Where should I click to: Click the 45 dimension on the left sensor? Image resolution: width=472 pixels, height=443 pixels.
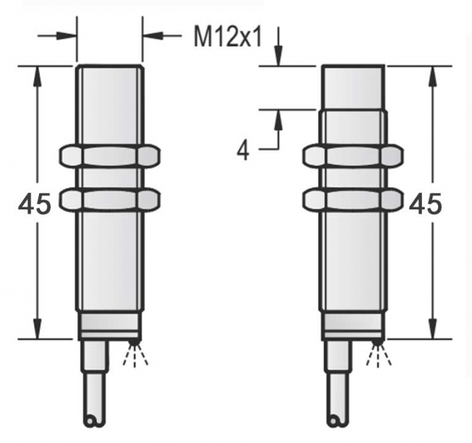[35, 205]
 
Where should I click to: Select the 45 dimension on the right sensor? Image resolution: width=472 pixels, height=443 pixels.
[425, 205]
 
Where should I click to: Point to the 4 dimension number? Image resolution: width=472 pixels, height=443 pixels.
[242, 150]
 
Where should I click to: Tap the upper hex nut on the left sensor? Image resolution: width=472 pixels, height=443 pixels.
[110, 156]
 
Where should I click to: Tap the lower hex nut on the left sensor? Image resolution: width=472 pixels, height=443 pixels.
[110, 200]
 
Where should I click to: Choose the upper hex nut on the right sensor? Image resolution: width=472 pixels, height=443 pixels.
[353, 156]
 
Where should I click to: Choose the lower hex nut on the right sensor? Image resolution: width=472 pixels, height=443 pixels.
[353, 200]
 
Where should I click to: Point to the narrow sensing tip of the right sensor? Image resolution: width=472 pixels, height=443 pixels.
[353, 86]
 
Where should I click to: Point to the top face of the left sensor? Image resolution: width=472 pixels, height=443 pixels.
[110, 67]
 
